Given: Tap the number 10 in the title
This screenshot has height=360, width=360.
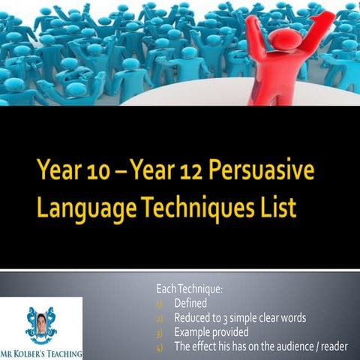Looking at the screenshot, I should click(92, 172).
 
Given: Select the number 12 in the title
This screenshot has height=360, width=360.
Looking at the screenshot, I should click(184, 172).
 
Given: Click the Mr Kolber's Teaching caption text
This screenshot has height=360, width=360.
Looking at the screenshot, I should click(41, 352).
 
